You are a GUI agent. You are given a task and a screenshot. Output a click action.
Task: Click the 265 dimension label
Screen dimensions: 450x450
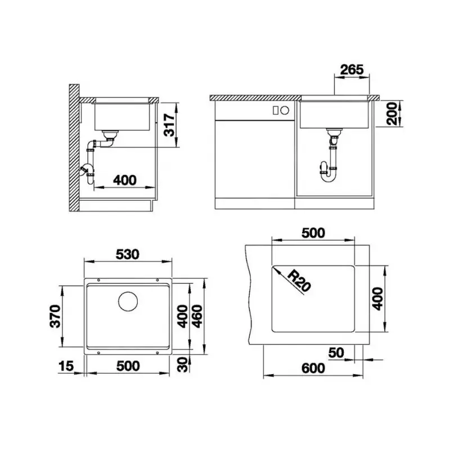[x=352, y=69]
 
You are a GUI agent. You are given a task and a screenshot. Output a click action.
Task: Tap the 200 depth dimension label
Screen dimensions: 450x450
[x=392, y=114]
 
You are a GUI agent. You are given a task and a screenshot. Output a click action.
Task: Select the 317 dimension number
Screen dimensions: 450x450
[x=169, y=125]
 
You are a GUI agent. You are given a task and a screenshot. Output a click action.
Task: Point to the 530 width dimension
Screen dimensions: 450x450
[x=128, y=254]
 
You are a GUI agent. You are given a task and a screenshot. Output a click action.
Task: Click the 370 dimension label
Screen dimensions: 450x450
[x=55, y=316]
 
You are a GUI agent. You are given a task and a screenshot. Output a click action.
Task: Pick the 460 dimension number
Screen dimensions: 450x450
[x=197, y=316]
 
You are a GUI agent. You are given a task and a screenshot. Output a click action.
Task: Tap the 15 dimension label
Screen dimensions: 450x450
[x=66, y=366]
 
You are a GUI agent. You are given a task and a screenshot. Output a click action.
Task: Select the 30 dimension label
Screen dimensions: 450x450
[x=182, y=364]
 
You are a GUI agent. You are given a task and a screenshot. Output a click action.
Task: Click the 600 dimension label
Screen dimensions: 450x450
[x=313, y=368]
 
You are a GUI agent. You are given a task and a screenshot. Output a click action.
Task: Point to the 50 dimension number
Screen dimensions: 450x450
[x=336, y=353]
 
